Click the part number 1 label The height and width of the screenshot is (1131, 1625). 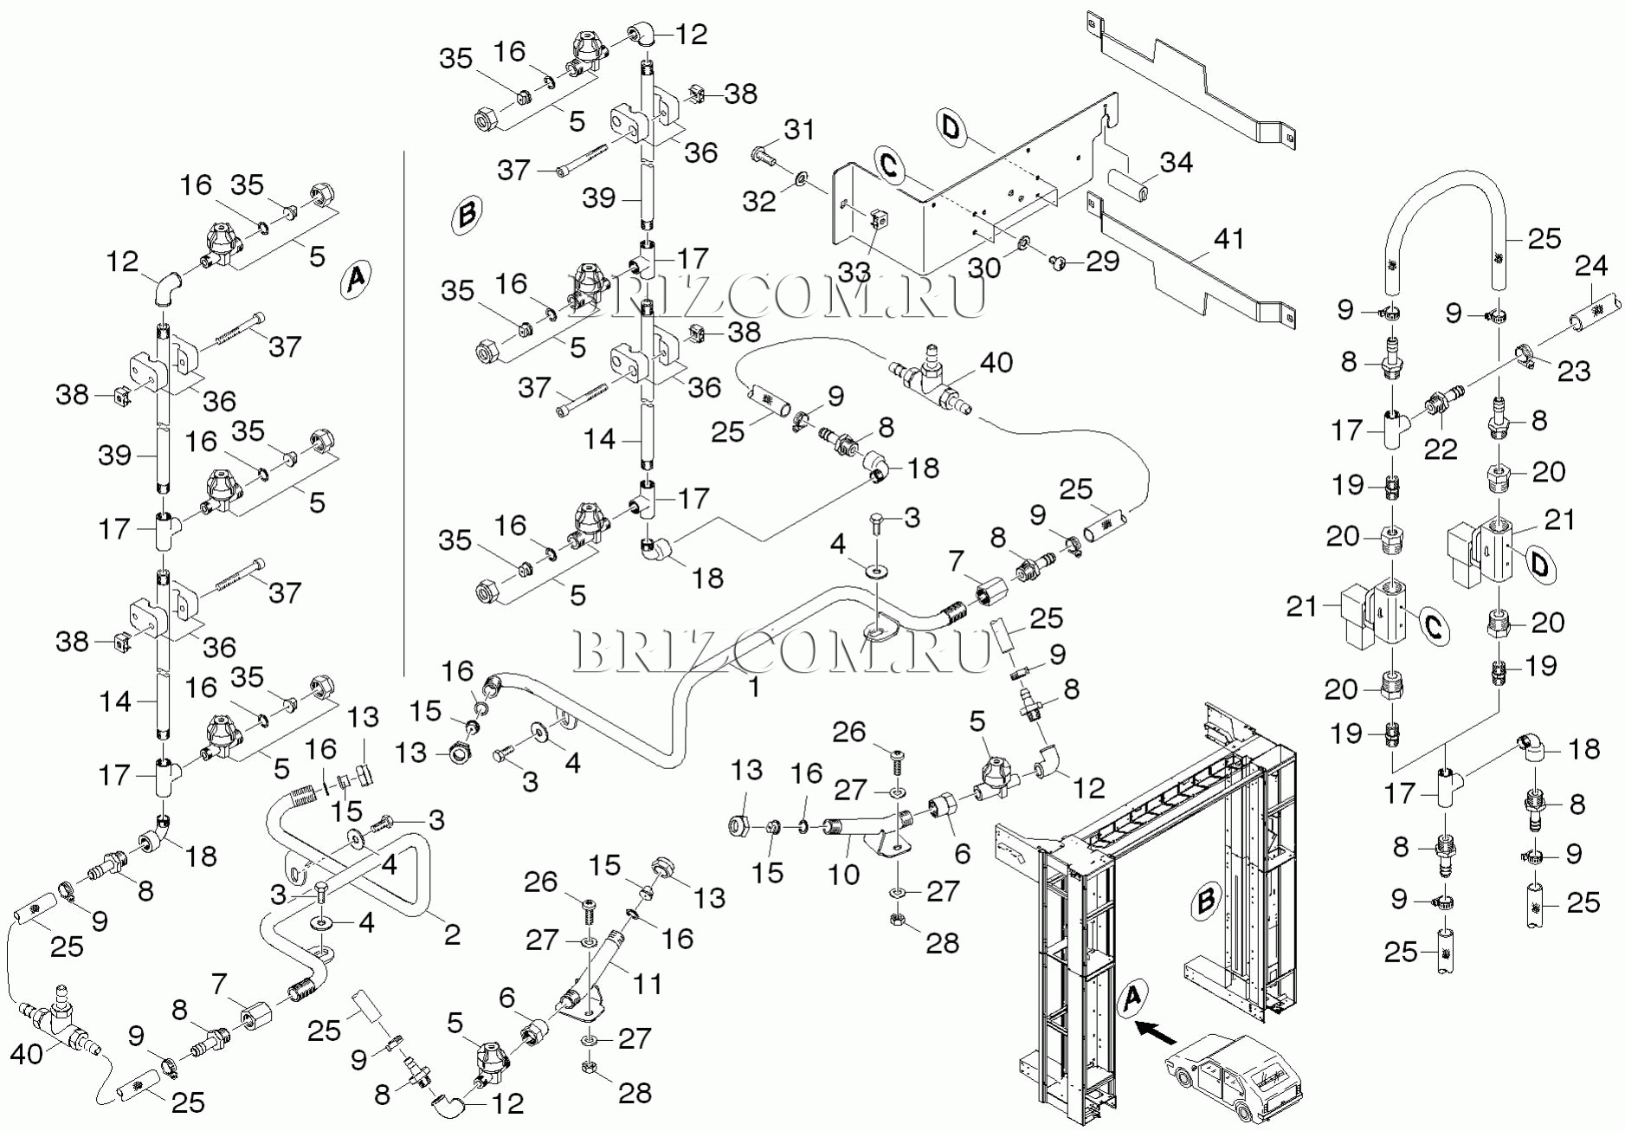[754, 688]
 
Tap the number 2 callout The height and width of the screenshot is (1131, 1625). [452, 934]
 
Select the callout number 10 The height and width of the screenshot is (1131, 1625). [843, 874]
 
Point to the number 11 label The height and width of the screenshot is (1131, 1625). [648, 984]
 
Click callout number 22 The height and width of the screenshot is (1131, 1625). [1441, 449]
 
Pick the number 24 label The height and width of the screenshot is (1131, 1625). [1591, 266]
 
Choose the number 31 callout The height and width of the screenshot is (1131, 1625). [799, 130]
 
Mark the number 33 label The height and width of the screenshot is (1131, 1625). [854, 272]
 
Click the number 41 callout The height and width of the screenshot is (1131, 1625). [1229, 238]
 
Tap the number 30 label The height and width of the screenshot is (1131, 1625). [983, 268]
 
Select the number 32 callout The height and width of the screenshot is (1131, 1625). [759, 201]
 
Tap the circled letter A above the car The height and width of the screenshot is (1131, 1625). [1132, 998]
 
